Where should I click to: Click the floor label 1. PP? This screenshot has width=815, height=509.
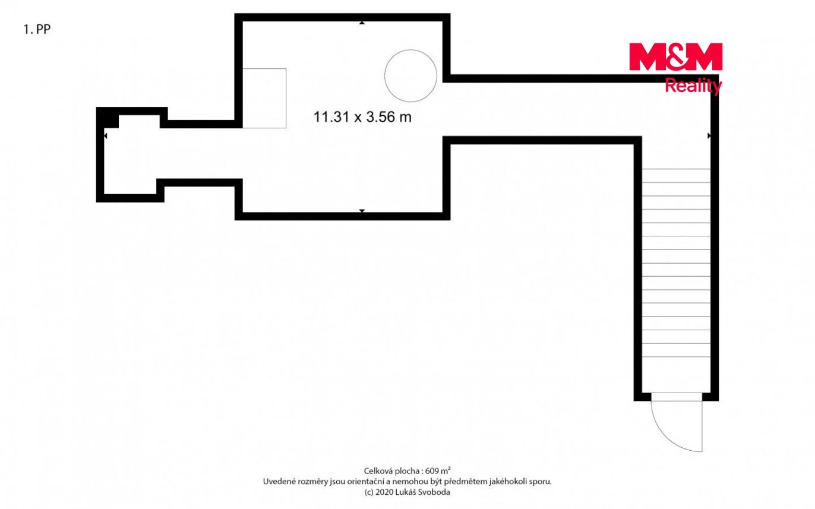point(37,29)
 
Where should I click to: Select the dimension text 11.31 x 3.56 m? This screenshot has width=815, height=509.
point(362,117)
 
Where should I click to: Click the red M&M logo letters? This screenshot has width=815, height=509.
point(675,57)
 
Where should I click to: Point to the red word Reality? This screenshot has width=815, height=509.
point(693,86)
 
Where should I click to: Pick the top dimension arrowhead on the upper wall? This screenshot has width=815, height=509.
point(362,23)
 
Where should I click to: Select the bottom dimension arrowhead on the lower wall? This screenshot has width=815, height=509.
point(362,211)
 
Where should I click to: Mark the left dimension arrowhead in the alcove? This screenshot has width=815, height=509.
point(106,135)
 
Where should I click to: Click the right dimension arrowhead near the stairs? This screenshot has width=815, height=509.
point(709,135)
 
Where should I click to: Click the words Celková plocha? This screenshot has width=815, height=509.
point(391,471)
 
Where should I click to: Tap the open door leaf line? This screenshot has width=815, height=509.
point(702,426)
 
